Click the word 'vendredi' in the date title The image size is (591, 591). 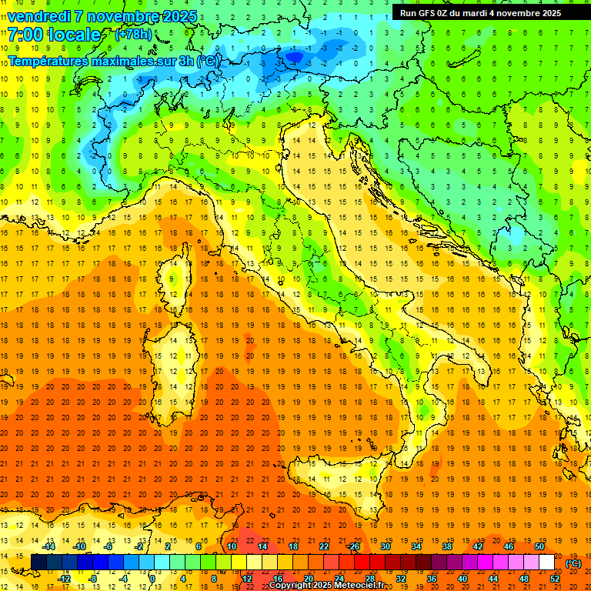click(38, 16)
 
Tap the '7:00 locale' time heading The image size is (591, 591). click(54, 35)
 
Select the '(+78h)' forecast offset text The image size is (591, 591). click(133, 35)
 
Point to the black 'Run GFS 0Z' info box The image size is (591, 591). click(480, 12)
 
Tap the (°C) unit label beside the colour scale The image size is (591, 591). click(573, 563)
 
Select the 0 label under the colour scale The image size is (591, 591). click(152, 578)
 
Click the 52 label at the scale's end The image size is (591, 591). click(555, 578)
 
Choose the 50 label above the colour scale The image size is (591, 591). click(539, 546)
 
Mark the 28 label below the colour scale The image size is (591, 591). click(369, 578)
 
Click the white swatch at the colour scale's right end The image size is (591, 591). click(546, 562)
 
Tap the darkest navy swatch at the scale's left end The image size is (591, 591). click(38, 562)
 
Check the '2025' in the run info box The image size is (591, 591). click(548, 12)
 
